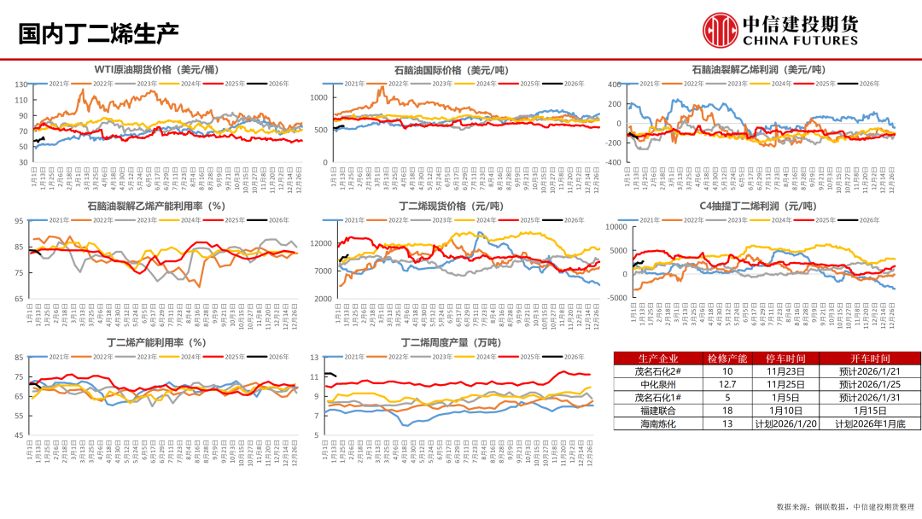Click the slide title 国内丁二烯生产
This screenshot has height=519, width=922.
98,34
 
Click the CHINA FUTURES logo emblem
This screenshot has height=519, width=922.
719,30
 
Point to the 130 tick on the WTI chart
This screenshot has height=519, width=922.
22,84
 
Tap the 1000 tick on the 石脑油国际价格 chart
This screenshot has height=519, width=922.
318,98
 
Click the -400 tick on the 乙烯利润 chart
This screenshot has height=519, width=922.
614,161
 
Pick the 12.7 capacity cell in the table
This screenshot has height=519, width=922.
727,384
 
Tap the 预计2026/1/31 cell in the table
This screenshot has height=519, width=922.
869,397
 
